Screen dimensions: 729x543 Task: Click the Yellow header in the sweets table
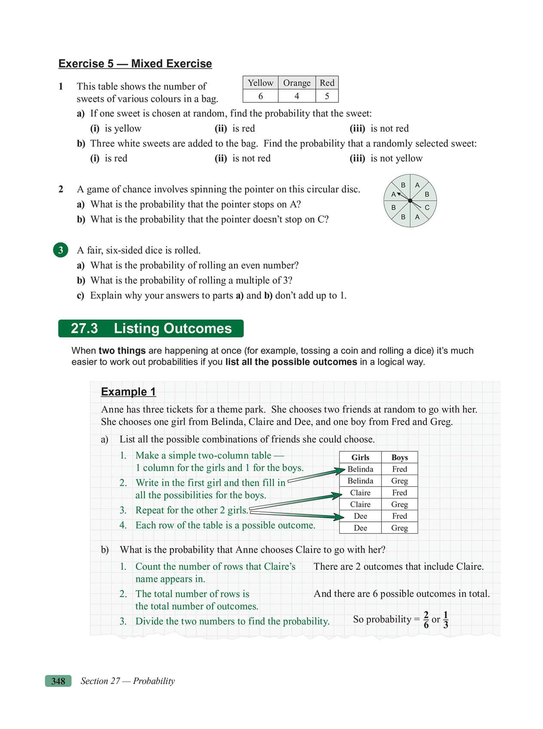point(260,83)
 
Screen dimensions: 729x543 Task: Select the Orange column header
point(296,83)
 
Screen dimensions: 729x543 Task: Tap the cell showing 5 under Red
point(327,96)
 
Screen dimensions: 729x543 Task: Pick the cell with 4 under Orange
point(296,96)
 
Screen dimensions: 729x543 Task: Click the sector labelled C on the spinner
point(427,208)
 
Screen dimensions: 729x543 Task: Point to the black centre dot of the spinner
point(410,201)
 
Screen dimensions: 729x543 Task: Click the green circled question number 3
point(61,250)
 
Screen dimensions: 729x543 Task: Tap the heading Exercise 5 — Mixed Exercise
point(135,64)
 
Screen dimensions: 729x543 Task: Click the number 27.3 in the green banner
point(84,328)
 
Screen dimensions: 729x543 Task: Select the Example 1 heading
point(128,392)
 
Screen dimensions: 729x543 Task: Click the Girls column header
point(360,457)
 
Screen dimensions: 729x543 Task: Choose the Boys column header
point(400,457)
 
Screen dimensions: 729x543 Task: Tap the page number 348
point(58,681)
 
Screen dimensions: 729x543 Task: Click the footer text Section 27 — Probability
point(128,681)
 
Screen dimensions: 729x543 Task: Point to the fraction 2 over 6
point(426,619)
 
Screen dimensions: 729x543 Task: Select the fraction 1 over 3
point(445,619)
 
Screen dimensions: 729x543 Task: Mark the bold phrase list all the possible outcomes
point(291,362)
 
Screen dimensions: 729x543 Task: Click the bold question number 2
point(61,189)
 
